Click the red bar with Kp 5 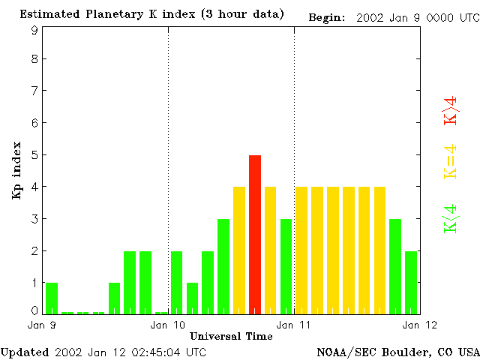coord(255,234)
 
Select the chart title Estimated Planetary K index coord(151,15)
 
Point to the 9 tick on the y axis coord(34,30)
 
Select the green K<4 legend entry coord(451,219)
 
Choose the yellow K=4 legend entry coord(451,162)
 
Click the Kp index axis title coord(16,170)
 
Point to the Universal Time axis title coord(231,336)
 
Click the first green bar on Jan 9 coord(52,298)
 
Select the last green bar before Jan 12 coord(411,282)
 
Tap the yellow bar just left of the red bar coord(239,250)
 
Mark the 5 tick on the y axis coord(34,155)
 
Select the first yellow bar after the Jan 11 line coord(301,250)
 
